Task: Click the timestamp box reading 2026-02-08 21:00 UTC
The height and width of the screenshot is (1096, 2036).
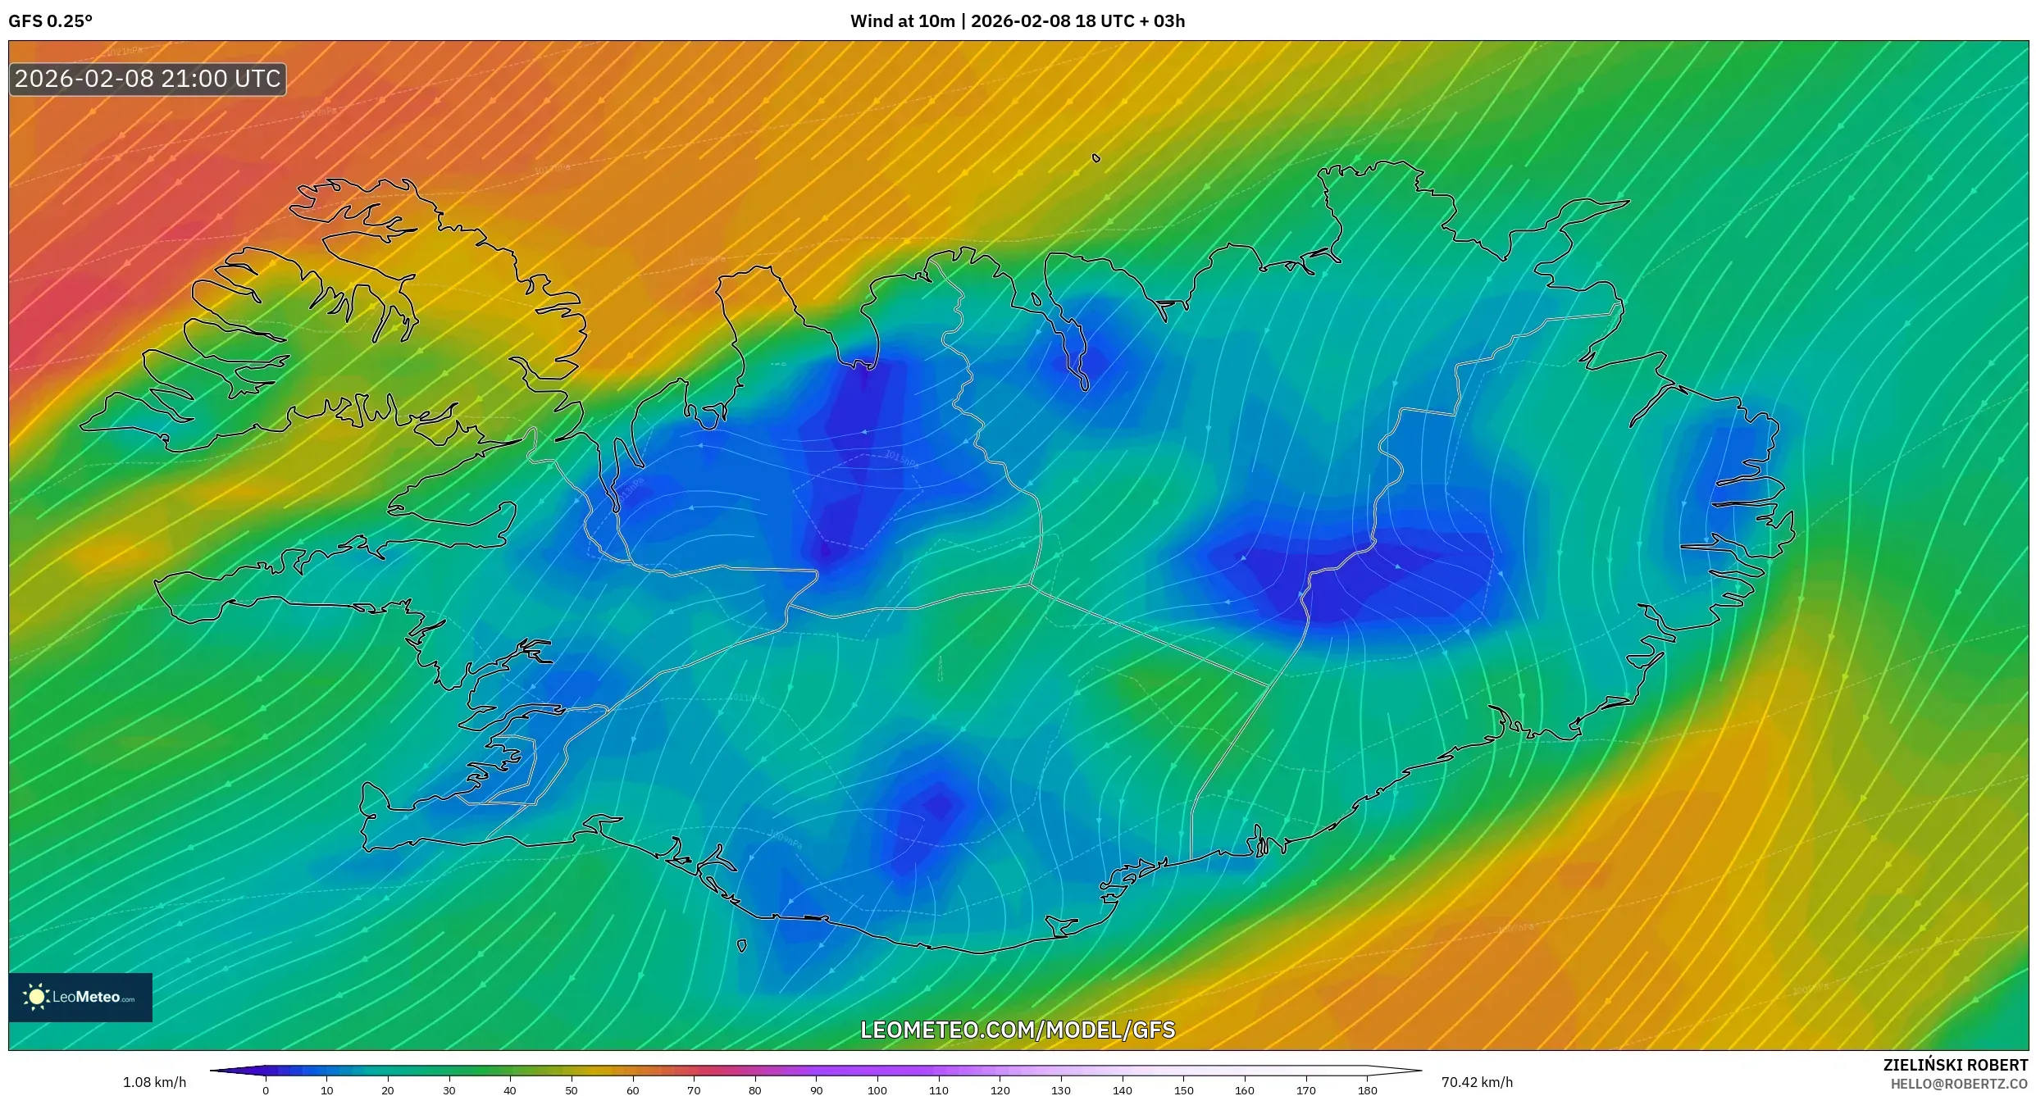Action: click(x=148, y=79)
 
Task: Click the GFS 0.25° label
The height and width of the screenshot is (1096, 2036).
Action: click(x=50, y=21)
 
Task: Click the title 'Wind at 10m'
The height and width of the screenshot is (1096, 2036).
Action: click(x=902, y=21)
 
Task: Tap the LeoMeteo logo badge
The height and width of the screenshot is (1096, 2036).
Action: click(x=80, y=997)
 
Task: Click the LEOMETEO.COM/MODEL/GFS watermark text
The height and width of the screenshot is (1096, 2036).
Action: click(x=1018, y=1030)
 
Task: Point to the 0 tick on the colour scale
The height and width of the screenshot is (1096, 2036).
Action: click(x=266, y=1090)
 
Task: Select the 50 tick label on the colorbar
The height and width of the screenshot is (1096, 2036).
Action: click(x=572, y=1090)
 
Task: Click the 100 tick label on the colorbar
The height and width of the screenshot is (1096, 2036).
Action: click(x=877, y=1090)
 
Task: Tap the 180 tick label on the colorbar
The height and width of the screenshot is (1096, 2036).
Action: click(x=1367, y=1090)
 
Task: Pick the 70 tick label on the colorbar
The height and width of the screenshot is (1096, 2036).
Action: click(x=694, y=1090)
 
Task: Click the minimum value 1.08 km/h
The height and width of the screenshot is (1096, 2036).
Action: click(x=154, y=1082)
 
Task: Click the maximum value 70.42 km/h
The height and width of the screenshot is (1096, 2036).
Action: click(x=1477, y=1082)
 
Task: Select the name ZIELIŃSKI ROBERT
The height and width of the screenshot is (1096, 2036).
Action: click(x=1955, y=1065)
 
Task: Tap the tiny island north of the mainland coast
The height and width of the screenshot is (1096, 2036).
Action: click(x=1096, y=158)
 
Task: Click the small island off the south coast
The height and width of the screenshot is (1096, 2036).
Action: click(x=742, y=946)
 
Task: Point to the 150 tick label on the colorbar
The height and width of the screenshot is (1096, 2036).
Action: click(x=1183, y=1090)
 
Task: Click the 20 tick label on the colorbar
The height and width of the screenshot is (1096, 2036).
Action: click(x=388, y=1090)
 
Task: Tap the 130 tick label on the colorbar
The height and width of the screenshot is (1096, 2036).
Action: click(x=1061, y=1090)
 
